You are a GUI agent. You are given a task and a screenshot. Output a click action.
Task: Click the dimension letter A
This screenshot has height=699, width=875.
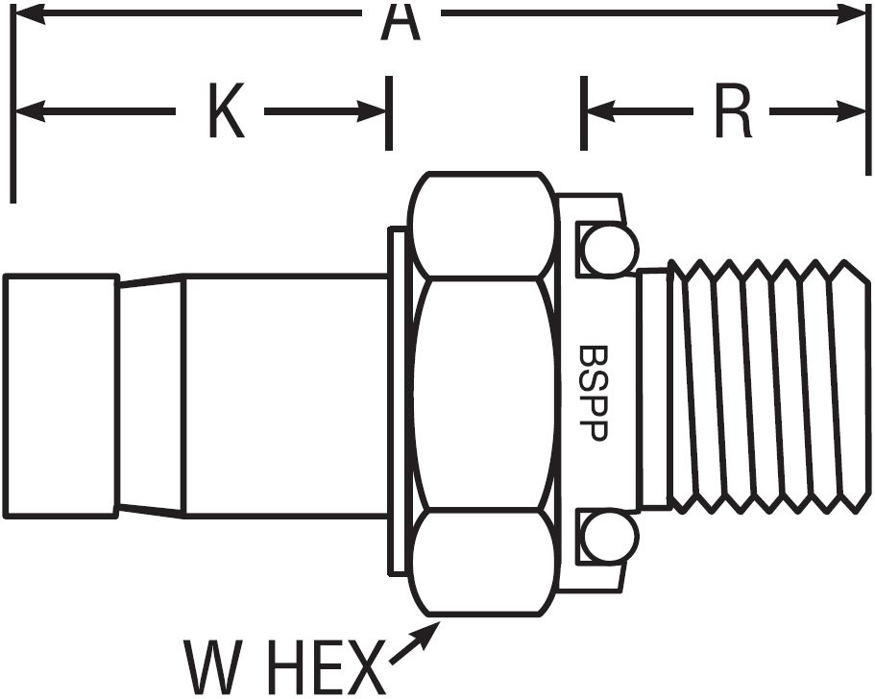(401, 22)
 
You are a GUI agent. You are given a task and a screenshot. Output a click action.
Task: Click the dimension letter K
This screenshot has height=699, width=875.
(227, 110)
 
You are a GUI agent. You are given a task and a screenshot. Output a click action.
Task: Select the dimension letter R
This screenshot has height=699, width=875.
(734, 110)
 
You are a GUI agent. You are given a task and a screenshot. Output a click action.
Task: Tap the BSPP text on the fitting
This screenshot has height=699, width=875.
(592, 394)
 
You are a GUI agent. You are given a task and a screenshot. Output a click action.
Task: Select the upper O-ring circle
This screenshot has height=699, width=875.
(609, 250)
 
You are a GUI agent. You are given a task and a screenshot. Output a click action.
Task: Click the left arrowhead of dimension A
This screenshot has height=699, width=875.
(29, 13)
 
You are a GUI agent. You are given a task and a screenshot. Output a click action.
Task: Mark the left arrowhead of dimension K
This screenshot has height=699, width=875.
(30, 111)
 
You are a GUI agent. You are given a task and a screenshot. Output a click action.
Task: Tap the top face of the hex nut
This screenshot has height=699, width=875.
(483, 225)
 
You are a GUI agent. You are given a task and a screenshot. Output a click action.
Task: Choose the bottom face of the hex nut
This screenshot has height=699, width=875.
(483, 563)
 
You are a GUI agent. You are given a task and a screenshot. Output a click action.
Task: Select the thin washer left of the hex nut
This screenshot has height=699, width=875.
(397, 400)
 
